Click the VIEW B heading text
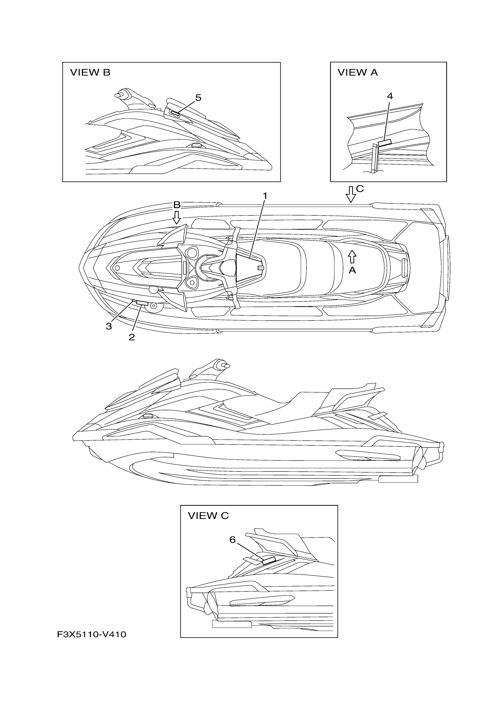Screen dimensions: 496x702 pyautogui.click(x=90, y=72)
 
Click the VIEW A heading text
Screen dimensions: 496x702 pyautogui.click(x=358, y=72)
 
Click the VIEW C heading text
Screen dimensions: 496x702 pyautogui.click(x=208, y=516)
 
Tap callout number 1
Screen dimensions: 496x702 pyautogui.click(x=265, y=196)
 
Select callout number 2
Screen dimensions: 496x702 pyautogui.click(x=132, y=337)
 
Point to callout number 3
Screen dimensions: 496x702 pyautogui.click(x=109, y=326)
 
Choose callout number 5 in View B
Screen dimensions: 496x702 pyautogui.click(x=198, y=98)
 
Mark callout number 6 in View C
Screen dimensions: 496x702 pyautogui.click(x=233, y=540)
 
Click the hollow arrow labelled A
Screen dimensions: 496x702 pyautogui.click(x=352, y=257)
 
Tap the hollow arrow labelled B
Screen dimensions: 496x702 pyautogui.click(x=176, y=217)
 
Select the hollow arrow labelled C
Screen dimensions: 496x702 pyautogui.click(x=351, y=194)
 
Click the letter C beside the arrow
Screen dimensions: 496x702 pyautogui.click(x=360, y=189)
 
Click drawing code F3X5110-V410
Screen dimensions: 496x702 pyautogui.click(x=91, y=635)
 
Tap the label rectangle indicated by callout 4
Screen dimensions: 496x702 pyautogui.click(x=385, y=142)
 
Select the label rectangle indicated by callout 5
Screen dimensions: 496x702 pyautogui.click(x=175, y=114)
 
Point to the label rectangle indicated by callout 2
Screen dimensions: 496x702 pyautogui.click(x=142, y=303)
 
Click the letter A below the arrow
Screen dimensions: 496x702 pyautogui.click(x=352, y=270)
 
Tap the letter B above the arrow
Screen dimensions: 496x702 pyautogui.click(x=177, y=205)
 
